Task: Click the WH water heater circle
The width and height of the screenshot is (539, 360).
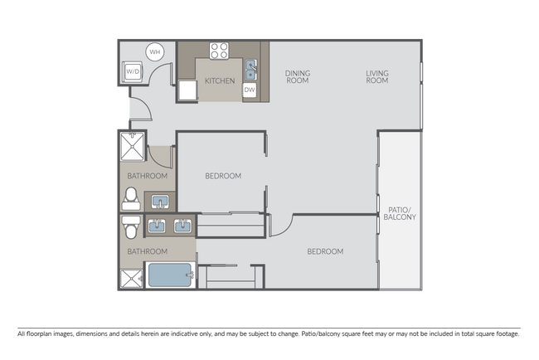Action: coord(155,52)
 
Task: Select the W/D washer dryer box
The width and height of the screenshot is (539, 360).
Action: coord(133,71)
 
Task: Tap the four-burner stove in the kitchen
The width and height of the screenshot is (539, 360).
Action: coord(219,51)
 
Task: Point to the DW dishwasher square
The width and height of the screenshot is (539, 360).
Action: coord(250,90)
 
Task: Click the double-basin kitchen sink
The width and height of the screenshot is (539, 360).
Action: coord(251,70)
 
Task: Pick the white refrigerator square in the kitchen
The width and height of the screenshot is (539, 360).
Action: coord(187,90)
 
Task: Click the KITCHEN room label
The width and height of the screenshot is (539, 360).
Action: coord(220,80)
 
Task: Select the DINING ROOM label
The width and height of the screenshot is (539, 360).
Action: coord(298,76)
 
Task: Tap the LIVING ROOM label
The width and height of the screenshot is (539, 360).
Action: coord(377,76)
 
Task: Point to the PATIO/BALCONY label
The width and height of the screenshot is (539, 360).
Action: coord(400,213)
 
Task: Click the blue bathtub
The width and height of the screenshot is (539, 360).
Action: coord(170,275)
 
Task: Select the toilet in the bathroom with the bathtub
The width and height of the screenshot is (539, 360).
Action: coord(131,227)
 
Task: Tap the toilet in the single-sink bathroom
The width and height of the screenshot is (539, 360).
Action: coord(131,199)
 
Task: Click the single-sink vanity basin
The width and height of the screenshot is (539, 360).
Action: coord(160,202)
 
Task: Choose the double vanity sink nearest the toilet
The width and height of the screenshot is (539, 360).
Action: coord(157,226)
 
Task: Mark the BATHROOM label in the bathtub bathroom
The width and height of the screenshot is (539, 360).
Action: coord(147,251)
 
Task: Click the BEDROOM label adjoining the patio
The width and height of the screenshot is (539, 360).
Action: coord(325,251)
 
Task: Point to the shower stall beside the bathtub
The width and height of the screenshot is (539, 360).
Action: coord(131,279)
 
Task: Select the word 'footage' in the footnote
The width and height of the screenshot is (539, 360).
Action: coord(507,333)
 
